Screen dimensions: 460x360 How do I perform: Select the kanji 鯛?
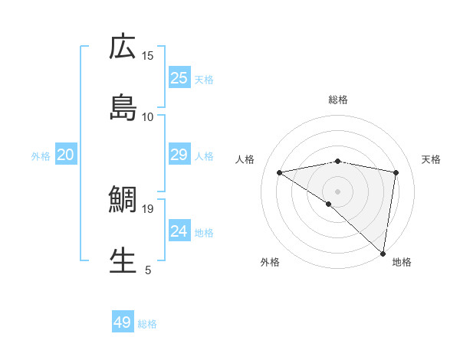tap(123, 201)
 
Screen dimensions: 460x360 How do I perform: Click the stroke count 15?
tap(148, 55)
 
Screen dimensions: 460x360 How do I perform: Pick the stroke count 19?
tap(148, 208)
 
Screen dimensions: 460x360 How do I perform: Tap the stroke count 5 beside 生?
tap(148, 270)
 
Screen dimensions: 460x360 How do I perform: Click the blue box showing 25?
tap(179, 77)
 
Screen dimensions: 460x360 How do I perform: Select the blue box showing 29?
tap(179, 155)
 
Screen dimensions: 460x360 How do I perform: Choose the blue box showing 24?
tap(179, 231)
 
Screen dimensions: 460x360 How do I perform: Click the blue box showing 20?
tap(65, 155)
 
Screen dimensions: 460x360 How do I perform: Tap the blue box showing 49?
tap(123, 322)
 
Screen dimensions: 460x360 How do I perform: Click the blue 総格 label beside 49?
tap(147, 324)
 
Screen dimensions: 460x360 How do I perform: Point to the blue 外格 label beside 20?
tap(41, 156)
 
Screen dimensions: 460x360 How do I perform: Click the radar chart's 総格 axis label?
tap(337, 100)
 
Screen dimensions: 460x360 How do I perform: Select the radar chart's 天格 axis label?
tap(432, 159)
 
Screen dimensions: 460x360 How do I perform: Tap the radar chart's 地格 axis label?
tap(402, 262)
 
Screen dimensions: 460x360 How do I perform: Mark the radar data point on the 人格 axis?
tap(280, 172)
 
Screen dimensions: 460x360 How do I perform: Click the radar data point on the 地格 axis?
tap(383, 253)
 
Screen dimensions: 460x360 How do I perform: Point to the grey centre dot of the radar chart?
tap(337, 191)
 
